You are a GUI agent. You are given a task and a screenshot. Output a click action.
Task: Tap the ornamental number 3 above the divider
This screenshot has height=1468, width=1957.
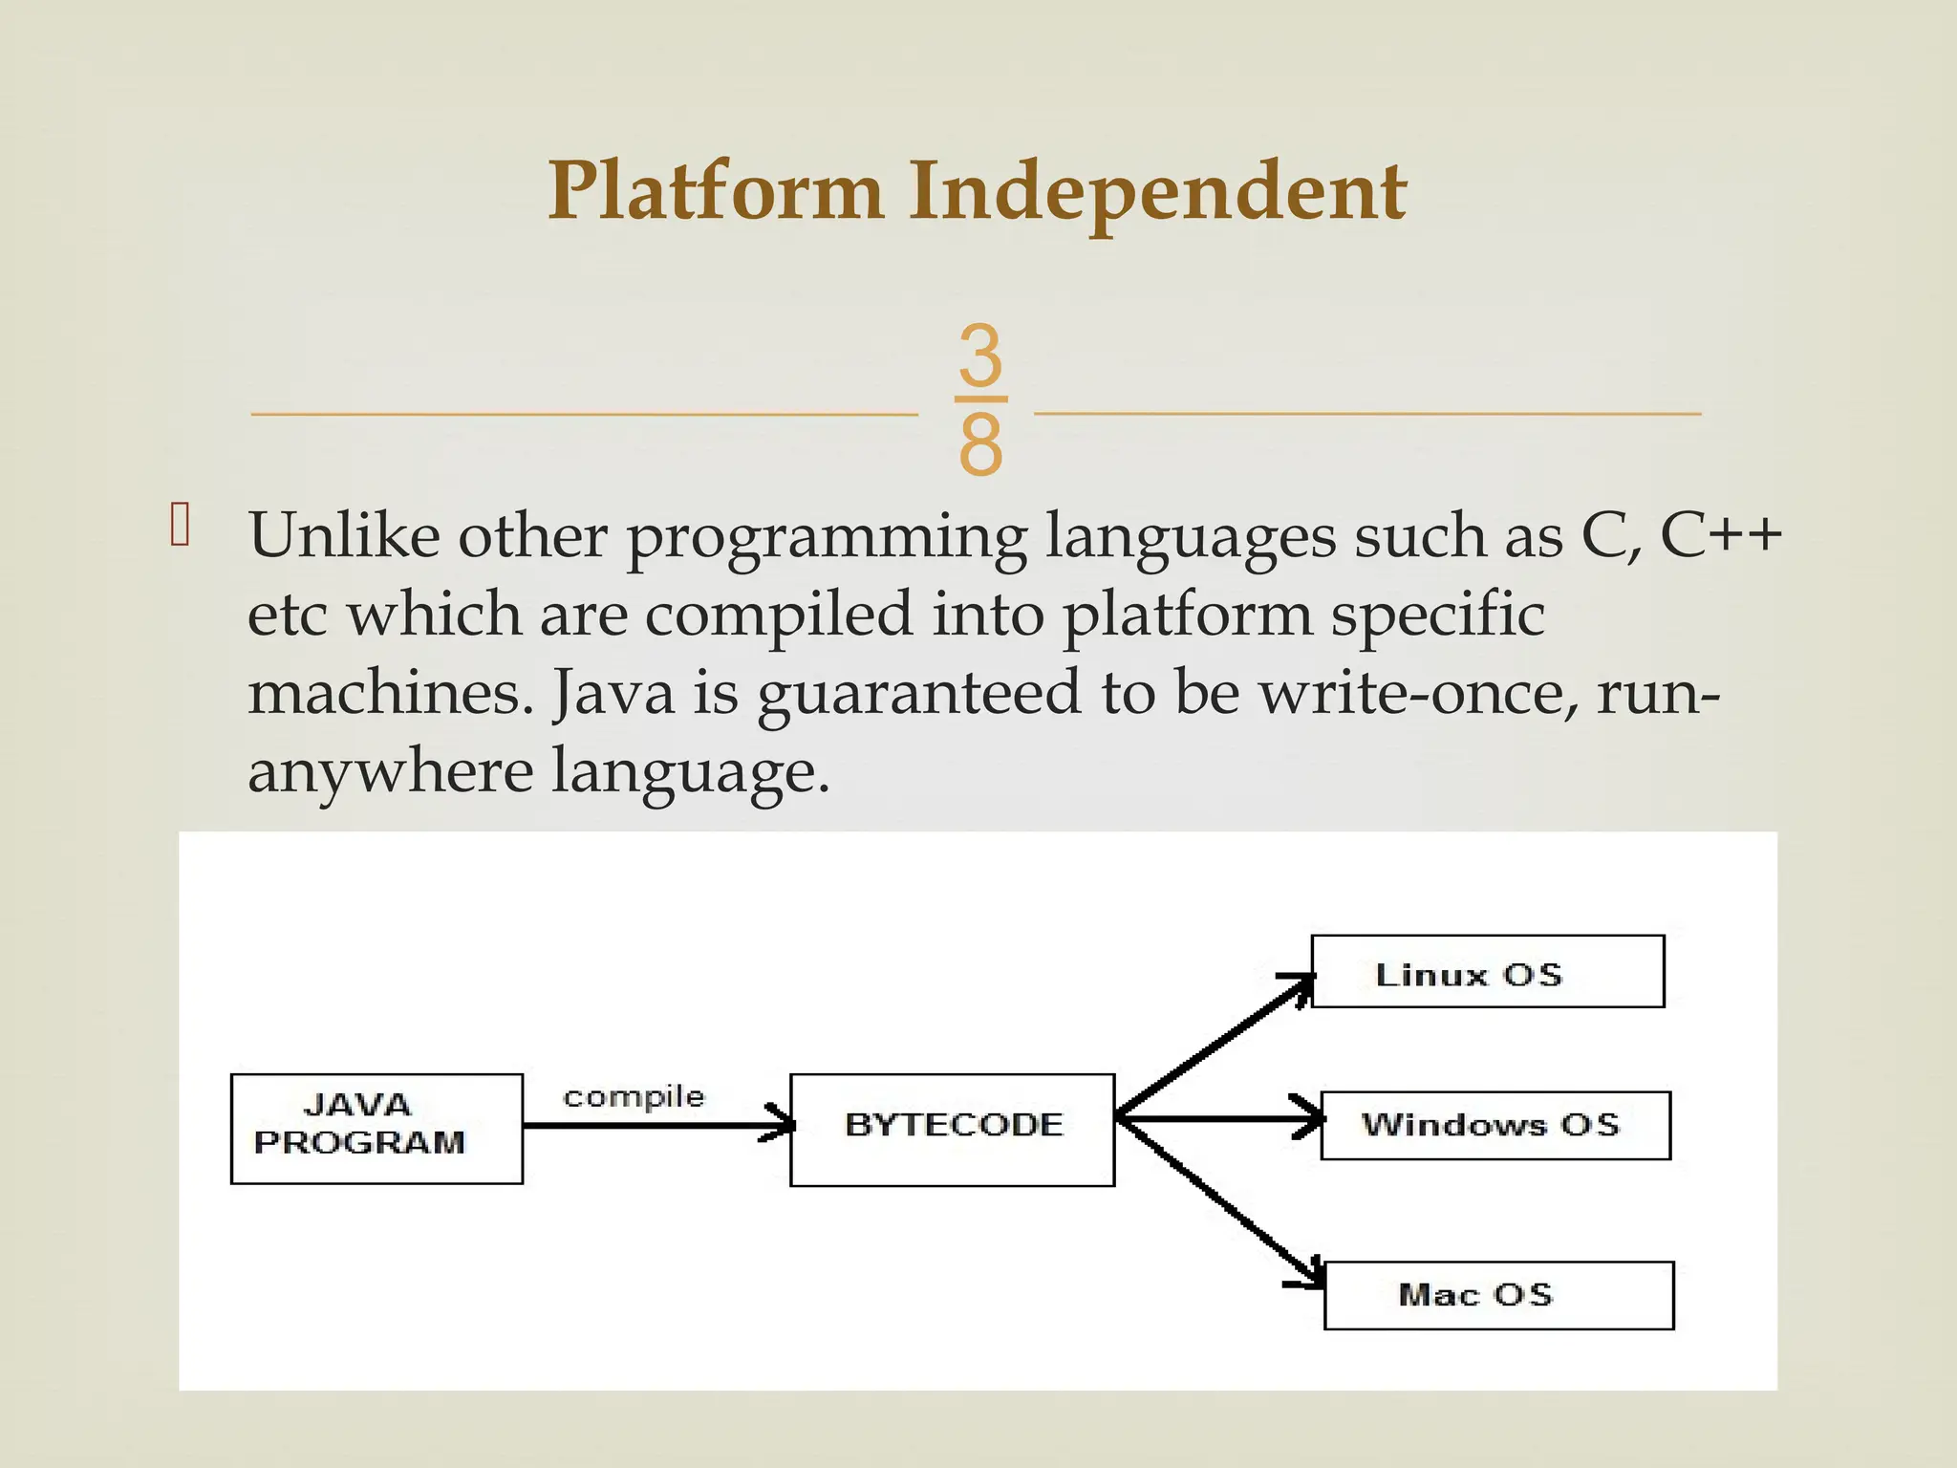[980, 355]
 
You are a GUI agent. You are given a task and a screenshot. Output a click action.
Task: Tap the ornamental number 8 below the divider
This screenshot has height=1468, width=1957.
[980, 445]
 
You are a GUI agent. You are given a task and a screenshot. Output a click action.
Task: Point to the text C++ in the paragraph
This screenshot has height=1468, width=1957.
[1720, 535]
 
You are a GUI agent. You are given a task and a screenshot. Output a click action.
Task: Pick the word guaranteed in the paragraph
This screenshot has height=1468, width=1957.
[917, 694]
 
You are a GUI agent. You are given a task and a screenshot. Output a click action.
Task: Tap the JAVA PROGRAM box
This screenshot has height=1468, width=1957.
[376, 1129]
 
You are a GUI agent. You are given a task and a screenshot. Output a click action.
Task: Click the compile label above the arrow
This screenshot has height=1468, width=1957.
[633, 1097]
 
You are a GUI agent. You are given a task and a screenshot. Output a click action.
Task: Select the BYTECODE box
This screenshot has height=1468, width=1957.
[952, 1130]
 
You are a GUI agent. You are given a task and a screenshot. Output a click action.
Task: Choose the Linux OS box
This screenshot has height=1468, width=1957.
[1487, 971]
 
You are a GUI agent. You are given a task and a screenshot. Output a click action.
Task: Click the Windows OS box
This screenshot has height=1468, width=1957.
[1495, 1125]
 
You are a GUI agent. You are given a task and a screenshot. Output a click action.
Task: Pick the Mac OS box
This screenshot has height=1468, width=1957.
[1498, 1295]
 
